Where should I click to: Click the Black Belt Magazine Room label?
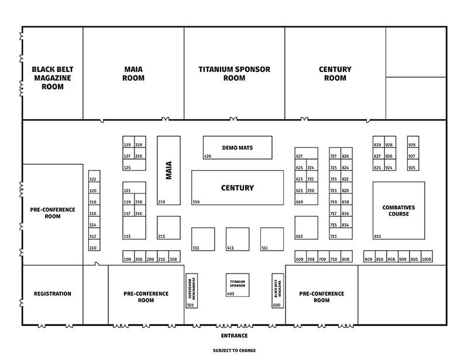[53, 78]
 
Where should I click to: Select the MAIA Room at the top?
[133, 74]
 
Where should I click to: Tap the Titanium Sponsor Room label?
[234, 74]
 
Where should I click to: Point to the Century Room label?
[335, 74]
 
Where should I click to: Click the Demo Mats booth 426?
[238, 147]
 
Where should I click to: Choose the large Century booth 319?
[238, 188]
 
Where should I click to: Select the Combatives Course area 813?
[399, 210]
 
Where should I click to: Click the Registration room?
[53, 294]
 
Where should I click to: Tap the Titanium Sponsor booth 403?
[238, 285]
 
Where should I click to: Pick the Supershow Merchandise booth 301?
[191, 290]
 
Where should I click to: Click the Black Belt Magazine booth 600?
[277, 290]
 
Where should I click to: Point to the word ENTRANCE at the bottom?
[234, 335]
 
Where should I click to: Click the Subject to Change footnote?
[234, 351]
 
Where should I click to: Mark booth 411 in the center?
[238, 240]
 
